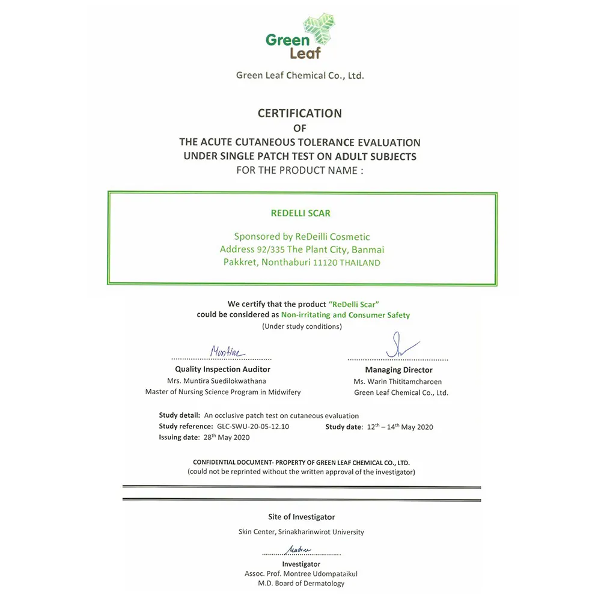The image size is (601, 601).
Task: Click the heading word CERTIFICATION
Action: (300, 113)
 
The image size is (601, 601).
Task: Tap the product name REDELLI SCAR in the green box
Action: (300, 213)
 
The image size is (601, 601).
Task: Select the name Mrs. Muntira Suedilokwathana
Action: (222, 381)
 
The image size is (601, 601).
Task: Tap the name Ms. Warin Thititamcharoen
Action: (398, 382)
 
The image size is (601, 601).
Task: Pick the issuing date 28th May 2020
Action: (217, 438)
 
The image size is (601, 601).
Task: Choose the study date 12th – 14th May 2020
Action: (400, 427)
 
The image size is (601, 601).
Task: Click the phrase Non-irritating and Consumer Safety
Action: (346, 315)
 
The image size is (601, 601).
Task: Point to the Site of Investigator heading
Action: (301, 517)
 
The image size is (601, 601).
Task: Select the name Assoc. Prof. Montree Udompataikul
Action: (301, 574)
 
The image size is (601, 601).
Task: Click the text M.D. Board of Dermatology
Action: (301, 584)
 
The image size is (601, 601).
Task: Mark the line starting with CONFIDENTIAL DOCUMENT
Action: (301, 463)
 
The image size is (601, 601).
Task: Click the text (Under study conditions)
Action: (302, 326)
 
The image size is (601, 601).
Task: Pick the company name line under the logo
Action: (300, 76)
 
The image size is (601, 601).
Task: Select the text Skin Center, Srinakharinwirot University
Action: (301, 532)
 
